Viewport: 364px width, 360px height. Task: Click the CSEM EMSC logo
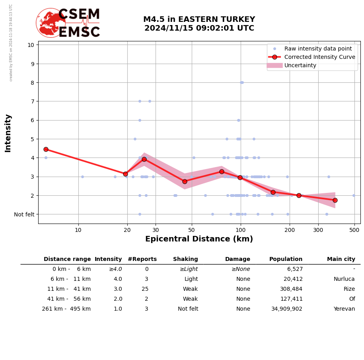click(x=68, y=23)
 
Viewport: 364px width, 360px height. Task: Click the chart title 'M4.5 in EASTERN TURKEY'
click(x=199, y=19)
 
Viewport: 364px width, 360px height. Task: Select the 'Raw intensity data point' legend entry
click(x=318, y=49)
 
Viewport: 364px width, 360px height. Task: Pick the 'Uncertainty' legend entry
click(x=300, y=66)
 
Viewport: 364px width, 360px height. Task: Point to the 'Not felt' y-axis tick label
click(x=24, y=214)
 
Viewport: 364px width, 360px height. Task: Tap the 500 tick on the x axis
click(x=354, y=230)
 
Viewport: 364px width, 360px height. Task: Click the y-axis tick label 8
click(x=31, y=83)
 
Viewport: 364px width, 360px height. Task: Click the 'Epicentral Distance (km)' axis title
click(x=199, y=239)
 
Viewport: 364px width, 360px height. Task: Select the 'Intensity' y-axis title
click(x=8, y=133)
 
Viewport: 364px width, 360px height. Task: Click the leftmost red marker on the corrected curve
click(x=46, y=149)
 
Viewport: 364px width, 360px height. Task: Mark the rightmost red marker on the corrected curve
click(x=335, y=200)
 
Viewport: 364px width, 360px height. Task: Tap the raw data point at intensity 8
click(x=241, y=82)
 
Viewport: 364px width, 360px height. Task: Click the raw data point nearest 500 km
click(x=354, y=195)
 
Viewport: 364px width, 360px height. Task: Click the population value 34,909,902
click(x=287, y=309)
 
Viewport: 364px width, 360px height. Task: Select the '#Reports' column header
click(x=142, y=259)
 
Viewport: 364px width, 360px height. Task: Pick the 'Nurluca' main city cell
click(x=344, y=279)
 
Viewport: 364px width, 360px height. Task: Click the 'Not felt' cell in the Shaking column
click(x=188, y=309)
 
